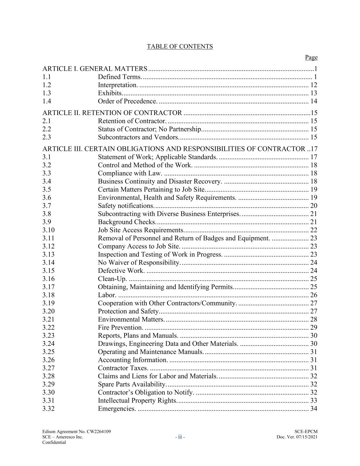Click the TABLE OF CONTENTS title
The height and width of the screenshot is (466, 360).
point(179,46)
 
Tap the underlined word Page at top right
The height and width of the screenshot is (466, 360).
point(311,57)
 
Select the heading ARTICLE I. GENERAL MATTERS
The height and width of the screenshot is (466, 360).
point(95,69)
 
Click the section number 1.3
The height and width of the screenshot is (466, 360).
point(47,93)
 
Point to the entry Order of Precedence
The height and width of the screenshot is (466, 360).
point(128,101)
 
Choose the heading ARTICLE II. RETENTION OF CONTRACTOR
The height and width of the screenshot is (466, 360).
point(112,113)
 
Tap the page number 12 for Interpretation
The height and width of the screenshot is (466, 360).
point(314,85)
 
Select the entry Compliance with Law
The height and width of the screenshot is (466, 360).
point(130,173)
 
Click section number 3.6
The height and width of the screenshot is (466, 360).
point(47,198)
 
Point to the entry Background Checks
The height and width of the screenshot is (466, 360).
point(127,222)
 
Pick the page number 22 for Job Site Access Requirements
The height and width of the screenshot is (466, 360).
point(314,230)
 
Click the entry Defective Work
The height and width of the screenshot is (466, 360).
point(121,271)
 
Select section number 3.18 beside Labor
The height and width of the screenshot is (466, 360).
point(48,295)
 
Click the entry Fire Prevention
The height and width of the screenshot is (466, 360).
point(120,327)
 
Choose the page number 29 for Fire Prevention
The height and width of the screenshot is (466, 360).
point(314,327)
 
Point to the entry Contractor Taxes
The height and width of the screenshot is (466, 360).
point(123,368)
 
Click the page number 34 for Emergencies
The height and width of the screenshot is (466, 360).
point(314,409)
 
